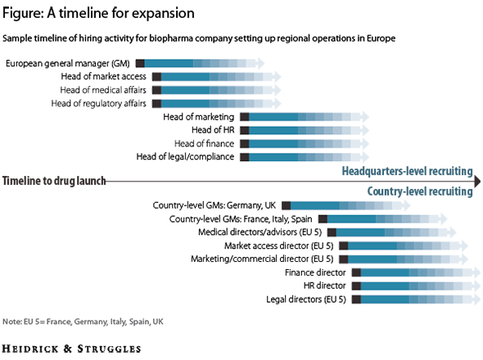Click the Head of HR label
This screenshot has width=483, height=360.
(212, 130)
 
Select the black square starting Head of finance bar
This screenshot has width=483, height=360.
(244, 143)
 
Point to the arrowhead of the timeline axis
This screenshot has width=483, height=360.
(476, 181)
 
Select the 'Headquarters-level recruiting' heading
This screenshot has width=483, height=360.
(407, 171)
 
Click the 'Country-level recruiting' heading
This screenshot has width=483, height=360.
(419, 191)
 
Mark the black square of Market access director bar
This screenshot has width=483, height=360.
(343, 245)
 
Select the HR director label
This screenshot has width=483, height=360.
(324, 286)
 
